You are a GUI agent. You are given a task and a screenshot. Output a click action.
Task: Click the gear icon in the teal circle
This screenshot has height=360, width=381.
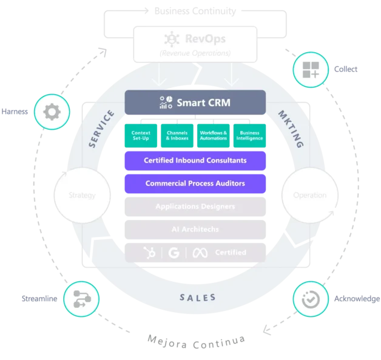(x=52, y=112)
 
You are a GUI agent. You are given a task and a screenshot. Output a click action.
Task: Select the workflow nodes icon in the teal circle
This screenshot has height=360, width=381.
(x=81, y=298)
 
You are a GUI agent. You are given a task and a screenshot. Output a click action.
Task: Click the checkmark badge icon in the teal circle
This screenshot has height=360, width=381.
(x=311, y=298)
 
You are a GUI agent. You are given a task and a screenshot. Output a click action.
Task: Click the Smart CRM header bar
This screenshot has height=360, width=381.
(x=195, y=102)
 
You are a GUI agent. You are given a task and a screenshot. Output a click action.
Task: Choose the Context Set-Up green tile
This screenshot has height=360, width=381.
(x=141, y=135)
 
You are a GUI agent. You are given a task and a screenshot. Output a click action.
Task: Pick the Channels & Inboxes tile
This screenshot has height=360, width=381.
(x=177, y=135)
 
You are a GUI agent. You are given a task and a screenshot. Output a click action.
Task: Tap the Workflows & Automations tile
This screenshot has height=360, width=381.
(x=213, y=135)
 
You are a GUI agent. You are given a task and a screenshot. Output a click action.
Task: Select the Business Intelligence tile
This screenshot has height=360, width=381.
(x=249, y=135)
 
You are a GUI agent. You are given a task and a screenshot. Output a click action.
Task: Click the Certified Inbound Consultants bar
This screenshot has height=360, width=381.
(x=195, y=161)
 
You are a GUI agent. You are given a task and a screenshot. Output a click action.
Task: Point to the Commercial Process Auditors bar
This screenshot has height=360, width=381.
(x=195, y=183)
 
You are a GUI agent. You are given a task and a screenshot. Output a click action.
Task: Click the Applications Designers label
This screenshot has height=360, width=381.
(x=195, y=207)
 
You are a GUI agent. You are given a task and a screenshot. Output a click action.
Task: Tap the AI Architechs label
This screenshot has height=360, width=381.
(x=195, y=230)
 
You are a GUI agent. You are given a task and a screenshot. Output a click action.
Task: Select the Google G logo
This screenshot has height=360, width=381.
(x=174, y=252)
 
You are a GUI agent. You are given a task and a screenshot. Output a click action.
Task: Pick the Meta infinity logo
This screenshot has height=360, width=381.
(x=200, y=252)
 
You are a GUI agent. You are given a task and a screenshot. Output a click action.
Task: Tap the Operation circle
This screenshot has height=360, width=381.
(x=309, y=195)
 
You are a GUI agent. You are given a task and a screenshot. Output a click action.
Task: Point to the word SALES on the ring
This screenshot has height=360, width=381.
(x=198, y=298)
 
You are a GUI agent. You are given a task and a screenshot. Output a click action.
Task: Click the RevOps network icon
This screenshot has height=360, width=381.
(x=172, y=39)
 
